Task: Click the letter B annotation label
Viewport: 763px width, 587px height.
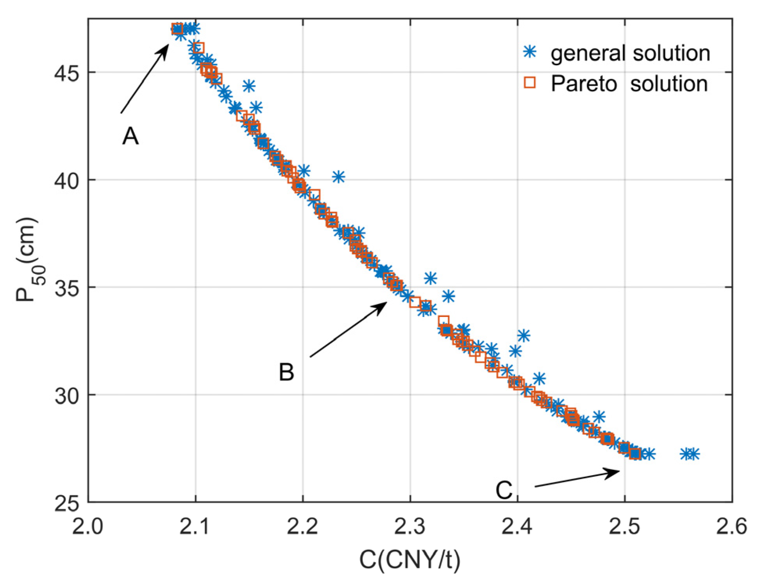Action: [x=286, y=372]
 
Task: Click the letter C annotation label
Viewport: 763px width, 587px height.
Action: [x=504, y=490]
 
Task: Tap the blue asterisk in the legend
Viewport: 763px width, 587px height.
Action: [x=530, y=51]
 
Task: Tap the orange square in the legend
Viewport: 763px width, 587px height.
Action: [x=530, y=82]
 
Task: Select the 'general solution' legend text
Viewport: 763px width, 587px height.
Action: [x=630, y=53]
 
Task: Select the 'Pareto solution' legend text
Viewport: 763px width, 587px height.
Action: [x=629, y=84]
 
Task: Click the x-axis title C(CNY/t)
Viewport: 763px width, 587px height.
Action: [x=410, y=560]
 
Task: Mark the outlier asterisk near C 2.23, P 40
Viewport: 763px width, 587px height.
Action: [x=339, y=177]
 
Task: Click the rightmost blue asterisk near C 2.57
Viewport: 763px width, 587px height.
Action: [x=693, y=454]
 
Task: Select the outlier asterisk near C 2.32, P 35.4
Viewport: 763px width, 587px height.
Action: [x=431, y=279]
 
